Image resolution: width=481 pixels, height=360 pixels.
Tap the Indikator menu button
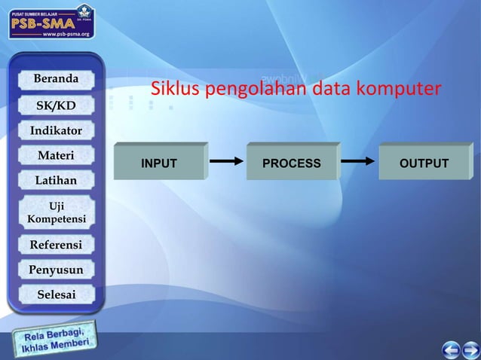click(56, 130)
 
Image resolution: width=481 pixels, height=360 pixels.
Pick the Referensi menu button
click(56, 244)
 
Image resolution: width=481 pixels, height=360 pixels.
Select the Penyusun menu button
click(56, 269)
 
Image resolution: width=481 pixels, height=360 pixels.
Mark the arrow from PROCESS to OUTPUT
click(357, 160)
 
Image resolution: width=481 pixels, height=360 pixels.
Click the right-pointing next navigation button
click(471, 349)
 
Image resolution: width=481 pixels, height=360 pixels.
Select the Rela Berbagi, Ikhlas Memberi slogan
click(56, 341)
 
